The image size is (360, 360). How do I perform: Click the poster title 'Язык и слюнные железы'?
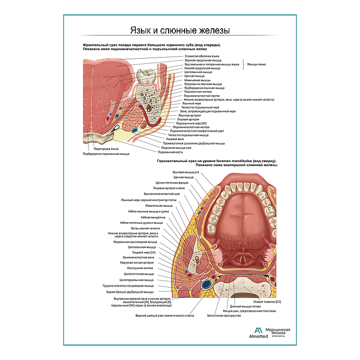click(x=179, y=31)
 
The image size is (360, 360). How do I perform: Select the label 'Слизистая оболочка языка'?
click(x=202, y=56)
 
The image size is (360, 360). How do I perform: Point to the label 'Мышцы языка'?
click(x=256, y=64)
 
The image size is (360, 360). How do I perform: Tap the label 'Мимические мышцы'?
click(x=197, y=80)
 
